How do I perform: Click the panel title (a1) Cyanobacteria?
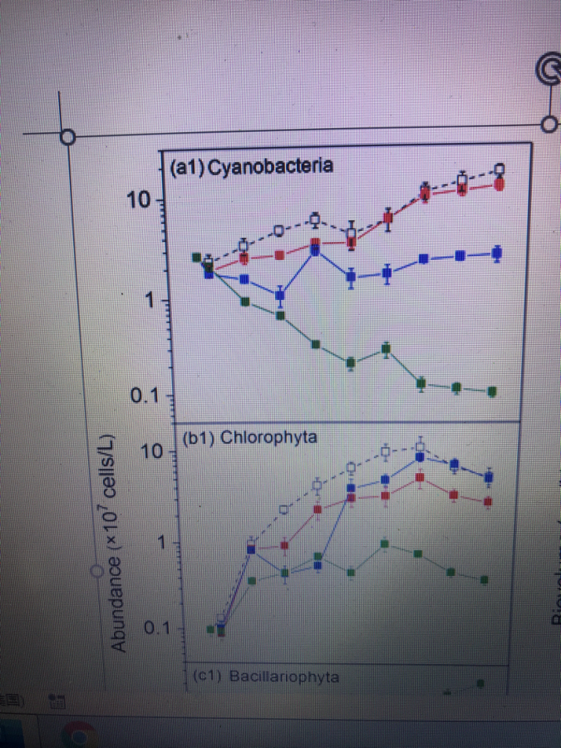[x=251, y=165]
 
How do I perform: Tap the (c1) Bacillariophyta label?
[x=265, y=677]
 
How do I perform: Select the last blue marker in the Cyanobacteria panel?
[x=497, y=253]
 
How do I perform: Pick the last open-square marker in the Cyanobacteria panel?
[x=499, y=170]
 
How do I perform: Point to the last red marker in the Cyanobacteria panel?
[x=499, y=184]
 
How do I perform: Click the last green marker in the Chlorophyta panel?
[x=484, y=578]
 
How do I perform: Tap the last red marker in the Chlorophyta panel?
[x=488, y=501]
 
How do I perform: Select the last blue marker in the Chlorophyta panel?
[x=489, y=477]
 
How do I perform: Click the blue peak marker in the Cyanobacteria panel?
[x=316, y=248]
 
